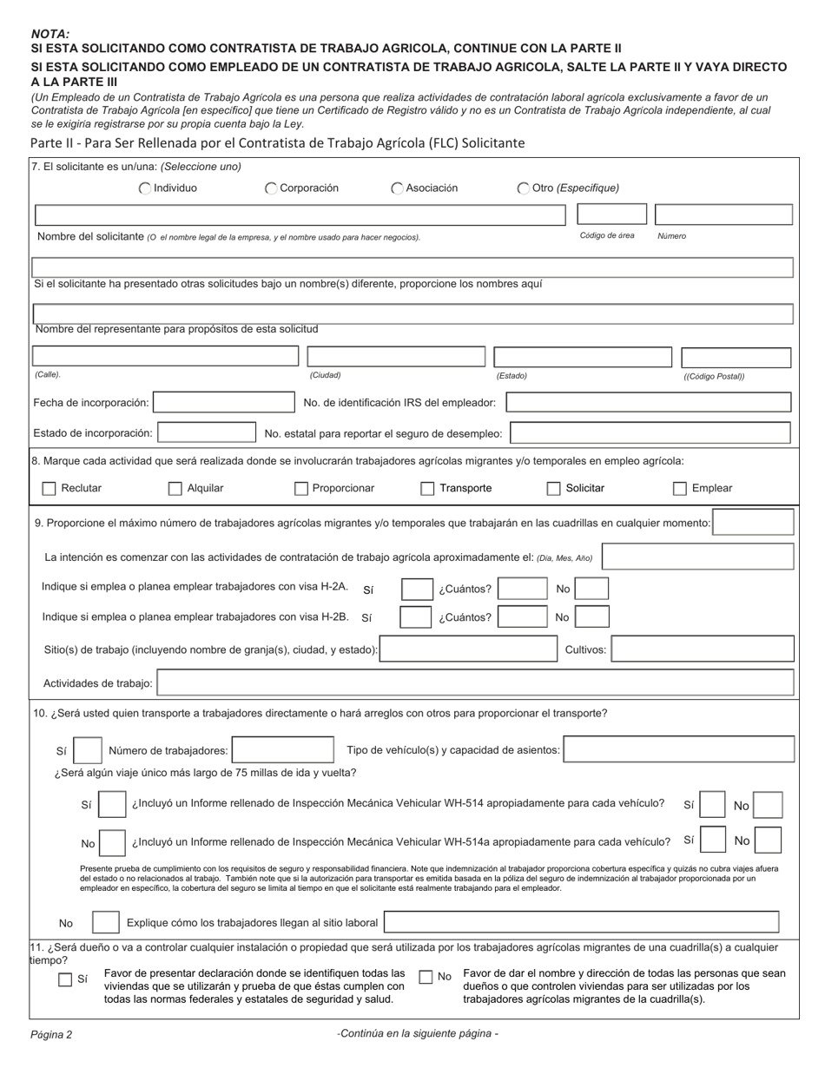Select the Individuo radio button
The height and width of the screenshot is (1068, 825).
tap(146, 188)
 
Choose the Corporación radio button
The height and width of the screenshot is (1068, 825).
tap(271, 188)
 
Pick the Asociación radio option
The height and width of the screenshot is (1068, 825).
tap(397, 188)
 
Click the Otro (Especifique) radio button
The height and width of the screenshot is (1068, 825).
tap(524, 188)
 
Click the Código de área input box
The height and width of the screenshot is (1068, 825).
tap(611, 214)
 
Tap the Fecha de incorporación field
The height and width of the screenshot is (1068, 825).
tap(224, 402)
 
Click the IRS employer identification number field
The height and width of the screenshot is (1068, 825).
tap(648, 402)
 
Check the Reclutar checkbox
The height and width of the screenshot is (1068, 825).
tap(49, 489)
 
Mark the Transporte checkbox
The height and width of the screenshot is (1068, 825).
tap(427, 489)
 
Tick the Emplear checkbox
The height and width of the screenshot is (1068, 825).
tap(680, 489)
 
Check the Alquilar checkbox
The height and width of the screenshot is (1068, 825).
tap(175, 489)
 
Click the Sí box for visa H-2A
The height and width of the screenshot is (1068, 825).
tap(417, 590)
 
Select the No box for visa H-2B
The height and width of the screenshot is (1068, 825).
tap(591, 617)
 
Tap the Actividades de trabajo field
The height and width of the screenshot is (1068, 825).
tap(475, 683)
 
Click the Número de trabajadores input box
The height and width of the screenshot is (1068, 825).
tap(283, 749)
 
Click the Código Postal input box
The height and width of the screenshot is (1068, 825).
tap(736, 357)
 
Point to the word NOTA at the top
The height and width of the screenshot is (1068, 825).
tap(50, 33)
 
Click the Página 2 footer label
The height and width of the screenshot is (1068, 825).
tap(51, 1034)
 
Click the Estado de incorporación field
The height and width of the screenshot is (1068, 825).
tap(206, 432)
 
